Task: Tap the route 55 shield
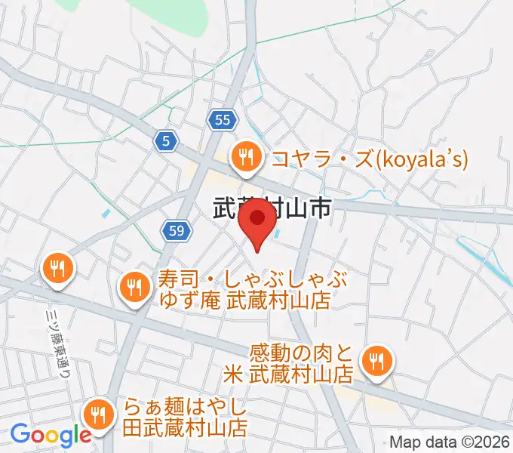(222, 119)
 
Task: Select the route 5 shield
(167, 140)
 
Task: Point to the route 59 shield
(174, 231)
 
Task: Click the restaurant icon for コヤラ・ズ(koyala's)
(246, 158)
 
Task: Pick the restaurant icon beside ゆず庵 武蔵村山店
(135, 287)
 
